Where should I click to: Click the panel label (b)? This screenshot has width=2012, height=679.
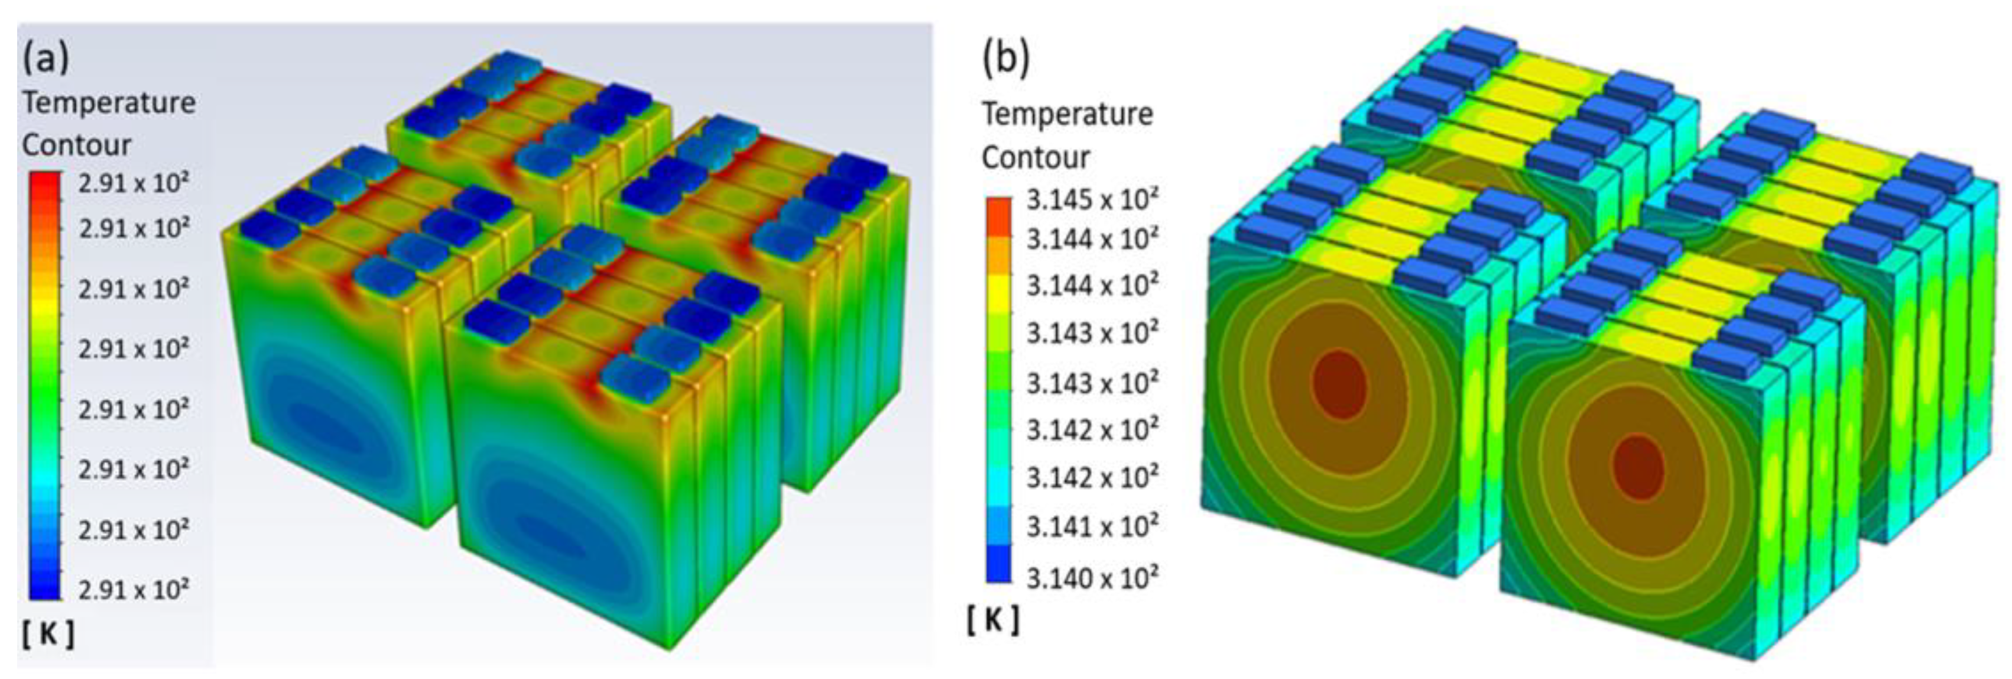(x=1007, y=59)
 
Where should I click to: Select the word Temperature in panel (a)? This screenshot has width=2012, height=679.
(x=109, y=103)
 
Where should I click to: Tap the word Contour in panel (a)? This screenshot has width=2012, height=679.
(x=77, y=144)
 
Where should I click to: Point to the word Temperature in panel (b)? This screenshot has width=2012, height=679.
(x=1067, y=114)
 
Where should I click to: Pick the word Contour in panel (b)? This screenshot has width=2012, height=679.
(x=1036, y=157)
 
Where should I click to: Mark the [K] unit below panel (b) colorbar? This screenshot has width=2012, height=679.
(x=993, y=620)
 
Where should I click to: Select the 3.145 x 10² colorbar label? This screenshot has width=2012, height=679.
(x=1092, y=199)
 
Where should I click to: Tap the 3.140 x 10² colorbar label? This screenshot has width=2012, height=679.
(x=1092, y=577)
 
